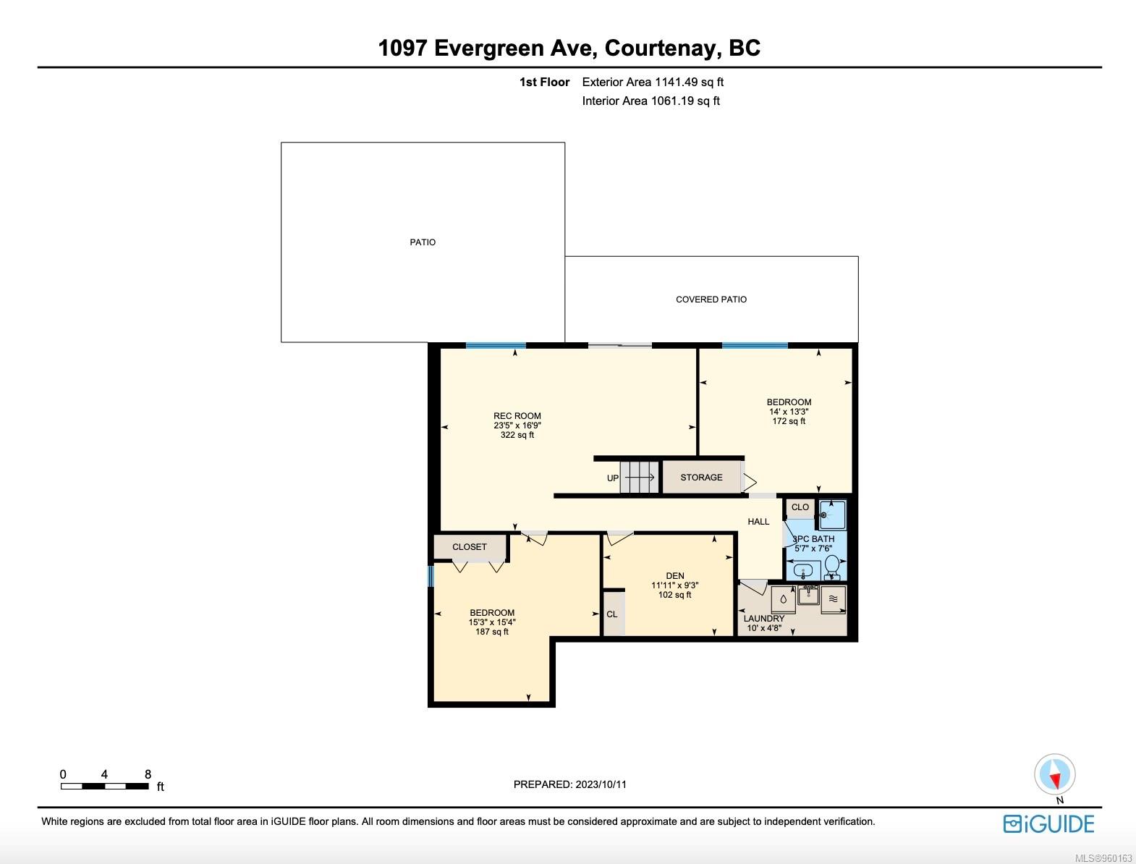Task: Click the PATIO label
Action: (423, 242)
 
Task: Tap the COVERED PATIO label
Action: (711, 300)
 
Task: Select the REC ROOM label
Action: (517, 416)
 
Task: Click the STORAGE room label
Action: (701, 478)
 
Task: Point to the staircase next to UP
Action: (640, 478)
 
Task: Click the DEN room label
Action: (674, 576)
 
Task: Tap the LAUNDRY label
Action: (763, 619)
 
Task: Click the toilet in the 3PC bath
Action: (832, 566)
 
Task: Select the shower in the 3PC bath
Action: (831, 515)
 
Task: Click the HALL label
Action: (758, 522)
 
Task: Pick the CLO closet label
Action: (800, 507)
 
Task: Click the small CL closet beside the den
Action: (612, 614)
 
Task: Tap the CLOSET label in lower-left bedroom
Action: (469, 547)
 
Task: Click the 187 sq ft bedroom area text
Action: (491, 632)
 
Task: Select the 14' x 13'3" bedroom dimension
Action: (789, 412)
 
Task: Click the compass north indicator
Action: (1055, 775)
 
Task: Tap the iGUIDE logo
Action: (1048, 824)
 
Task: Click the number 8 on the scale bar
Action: (148, 774)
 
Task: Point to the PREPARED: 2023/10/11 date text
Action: (569, 784)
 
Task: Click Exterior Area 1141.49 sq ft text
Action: (653, 82)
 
